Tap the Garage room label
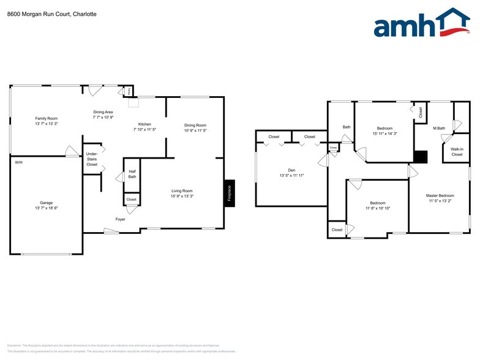pos(47,202)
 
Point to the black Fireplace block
pos(229,193)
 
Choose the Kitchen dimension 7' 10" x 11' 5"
pos(144,130)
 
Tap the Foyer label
pos(121,219)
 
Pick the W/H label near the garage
pos(18,162)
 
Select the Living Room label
pos(182,191)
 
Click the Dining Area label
pos(103,112)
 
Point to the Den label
pos(291,170)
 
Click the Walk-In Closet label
pos(457,151)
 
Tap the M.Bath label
pos(439,128)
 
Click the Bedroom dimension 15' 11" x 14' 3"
pos(385,133)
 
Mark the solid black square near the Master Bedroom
pos(420,157)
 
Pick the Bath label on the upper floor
pos(347,127)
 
